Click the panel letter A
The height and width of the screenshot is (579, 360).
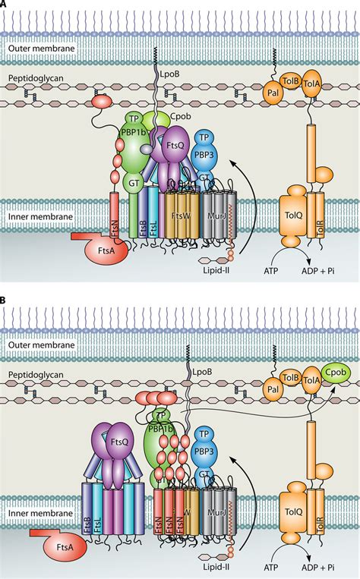[5, 4]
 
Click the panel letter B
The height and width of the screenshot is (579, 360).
[5, 301]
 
